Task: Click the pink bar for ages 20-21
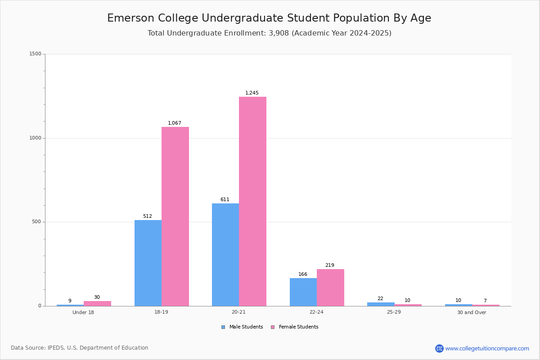click(252, 201)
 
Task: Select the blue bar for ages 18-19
click(148, 263)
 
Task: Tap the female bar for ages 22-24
click(330, 288)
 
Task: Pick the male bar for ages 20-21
click(225, 255)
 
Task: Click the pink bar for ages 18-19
click(175, 216)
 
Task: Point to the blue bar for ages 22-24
click(303, 292)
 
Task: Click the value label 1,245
click(252, 93)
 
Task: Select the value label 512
click(148, 216)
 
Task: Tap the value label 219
click(330, 265)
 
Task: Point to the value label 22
click(380, 299)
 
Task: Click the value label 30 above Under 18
click(97, 297)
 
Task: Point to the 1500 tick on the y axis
click(36, 54)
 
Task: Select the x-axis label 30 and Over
click(472, 312)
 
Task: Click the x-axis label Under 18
click(83, 312)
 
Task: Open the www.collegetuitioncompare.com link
click(487, 348)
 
